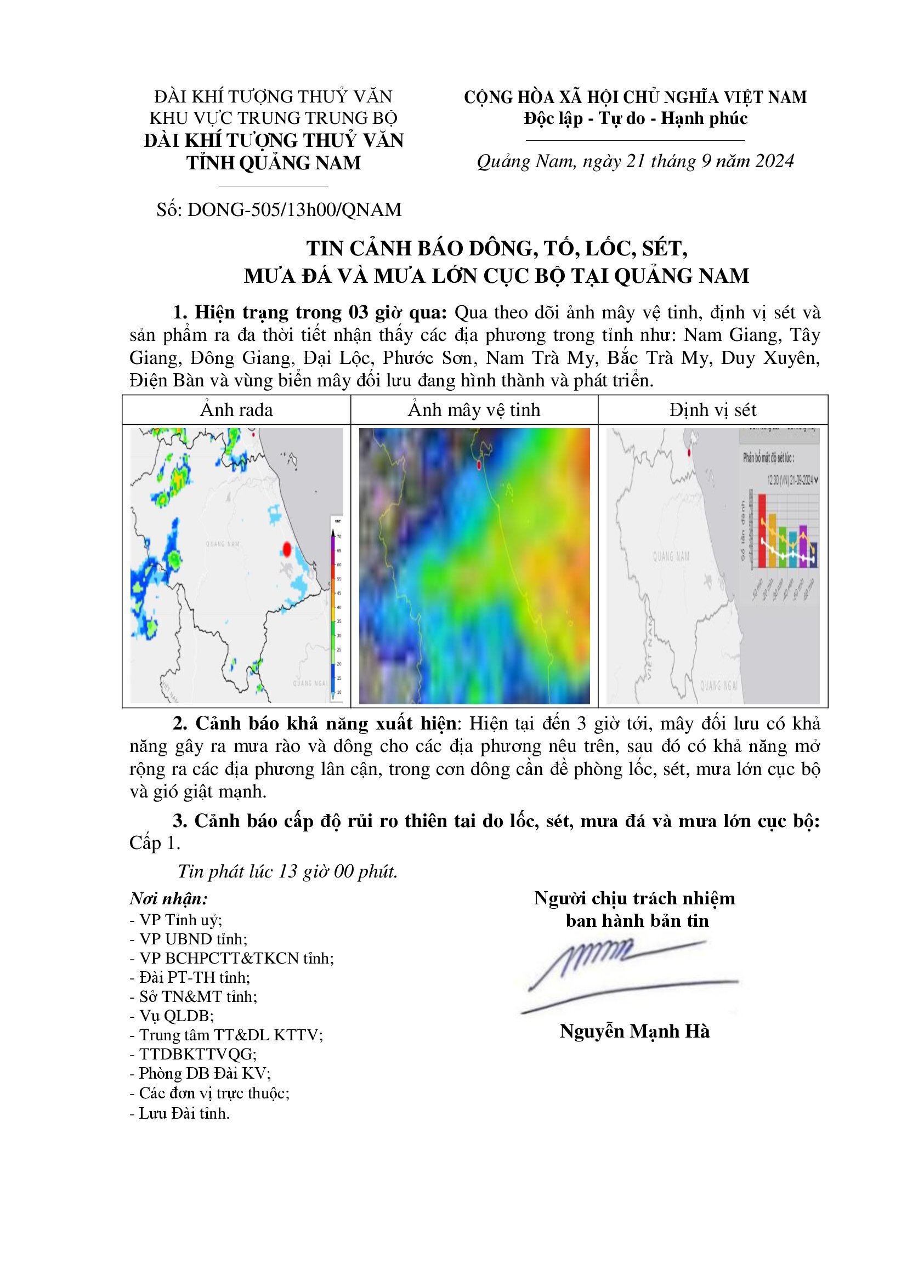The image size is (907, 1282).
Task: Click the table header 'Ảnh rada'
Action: click(236, 411)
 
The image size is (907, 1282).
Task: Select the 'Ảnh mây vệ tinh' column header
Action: click(474, 411)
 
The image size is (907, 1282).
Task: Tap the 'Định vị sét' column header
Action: click(713, 411)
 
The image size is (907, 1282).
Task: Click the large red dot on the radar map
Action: click(286, 549)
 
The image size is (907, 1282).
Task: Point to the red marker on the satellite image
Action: click(479, 465)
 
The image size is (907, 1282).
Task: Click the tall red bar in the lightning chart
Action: click(761, 531)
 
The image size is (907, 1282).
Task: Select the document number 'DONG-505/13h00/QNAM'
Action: click(295, 210)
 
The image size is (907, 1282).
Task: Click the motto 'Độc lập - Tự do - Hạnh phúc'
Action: click(635, 118)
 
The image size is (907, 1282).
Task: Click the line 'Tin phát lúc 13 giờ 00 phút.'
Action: click(288, 871)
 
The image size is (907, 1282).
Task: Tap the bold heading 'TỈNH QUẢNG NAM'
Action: click(273, 163)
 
